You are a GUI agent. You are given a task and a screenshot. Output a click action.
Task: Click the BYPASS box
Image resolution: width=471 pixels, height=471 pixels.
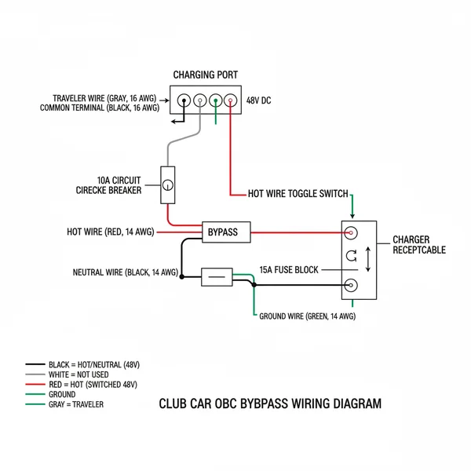[227, 232]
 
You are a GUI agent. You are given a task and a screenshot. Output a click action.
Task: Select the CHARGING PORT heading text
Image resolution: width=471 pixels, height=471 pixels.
[206, 75]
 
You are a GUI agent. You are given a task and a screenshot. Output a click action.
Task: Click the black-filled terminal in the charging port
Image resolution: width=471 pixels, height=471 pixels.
[184, 101]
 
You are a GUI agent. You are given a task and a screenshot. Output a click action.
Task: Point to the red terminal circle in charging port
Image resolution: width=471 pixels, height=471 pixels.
[230, 101]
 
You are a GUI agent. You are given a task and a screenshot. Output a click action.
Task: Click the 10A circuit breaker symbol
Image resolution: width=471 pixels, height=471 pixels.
[166, 186]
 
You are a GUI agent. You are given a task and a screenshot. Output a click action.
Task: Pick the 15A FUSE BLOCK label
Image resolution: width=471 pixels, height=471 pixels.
[289, 270]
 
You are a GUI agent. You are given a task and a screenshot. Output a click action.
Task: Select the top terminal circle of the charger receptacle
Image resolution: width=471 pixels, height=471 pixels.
[350, 233]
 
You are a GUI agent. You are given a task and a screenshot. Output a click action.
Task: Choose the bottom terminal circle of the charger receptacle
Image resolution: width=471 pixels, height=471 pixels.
[350, 287]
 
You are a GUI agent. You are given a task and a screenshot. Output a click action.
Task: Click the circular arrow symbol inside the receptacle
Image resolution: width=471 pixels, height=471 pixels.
[350, 257]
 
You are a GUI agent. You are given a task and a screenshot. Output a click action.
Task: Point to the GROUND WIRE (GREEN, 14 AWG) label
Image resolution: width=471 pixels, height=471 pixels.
[308, 316]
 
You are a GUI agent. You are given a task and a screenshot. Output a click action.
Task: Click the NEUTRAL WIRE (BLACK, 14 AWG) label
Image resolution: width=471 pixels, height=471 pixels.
[125, 273]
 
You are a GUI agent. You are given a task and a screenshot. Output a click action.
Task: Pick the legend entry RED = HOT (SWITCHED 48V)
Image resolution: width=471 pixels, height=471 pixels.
[93, 385]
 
